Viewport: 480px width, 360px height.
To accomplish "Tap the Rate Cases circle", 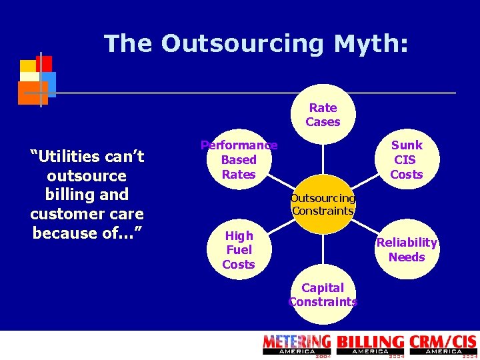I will coord(323,114).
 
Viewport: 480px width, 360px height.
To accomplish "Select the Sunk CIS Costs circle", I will coord(407,159).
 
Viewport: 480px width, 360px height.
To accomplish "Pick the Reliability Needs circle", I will coord(407,249).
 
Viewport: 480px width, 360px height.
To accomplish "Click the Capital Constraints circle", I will coord(323,294).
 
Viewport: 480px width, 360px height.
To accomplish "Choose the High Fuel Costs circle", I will coord(239,249).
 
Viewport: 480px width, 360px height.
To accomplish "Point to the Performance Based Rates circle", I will coord(239,159).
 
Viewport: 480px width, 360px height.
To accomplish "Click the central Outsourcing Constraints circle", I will coord(323,205).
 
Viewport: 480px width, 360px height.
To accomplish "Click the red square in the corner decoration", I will coord(44,63).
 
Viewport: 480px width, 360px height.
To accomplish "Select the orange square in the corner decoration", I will coord(32,93).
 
